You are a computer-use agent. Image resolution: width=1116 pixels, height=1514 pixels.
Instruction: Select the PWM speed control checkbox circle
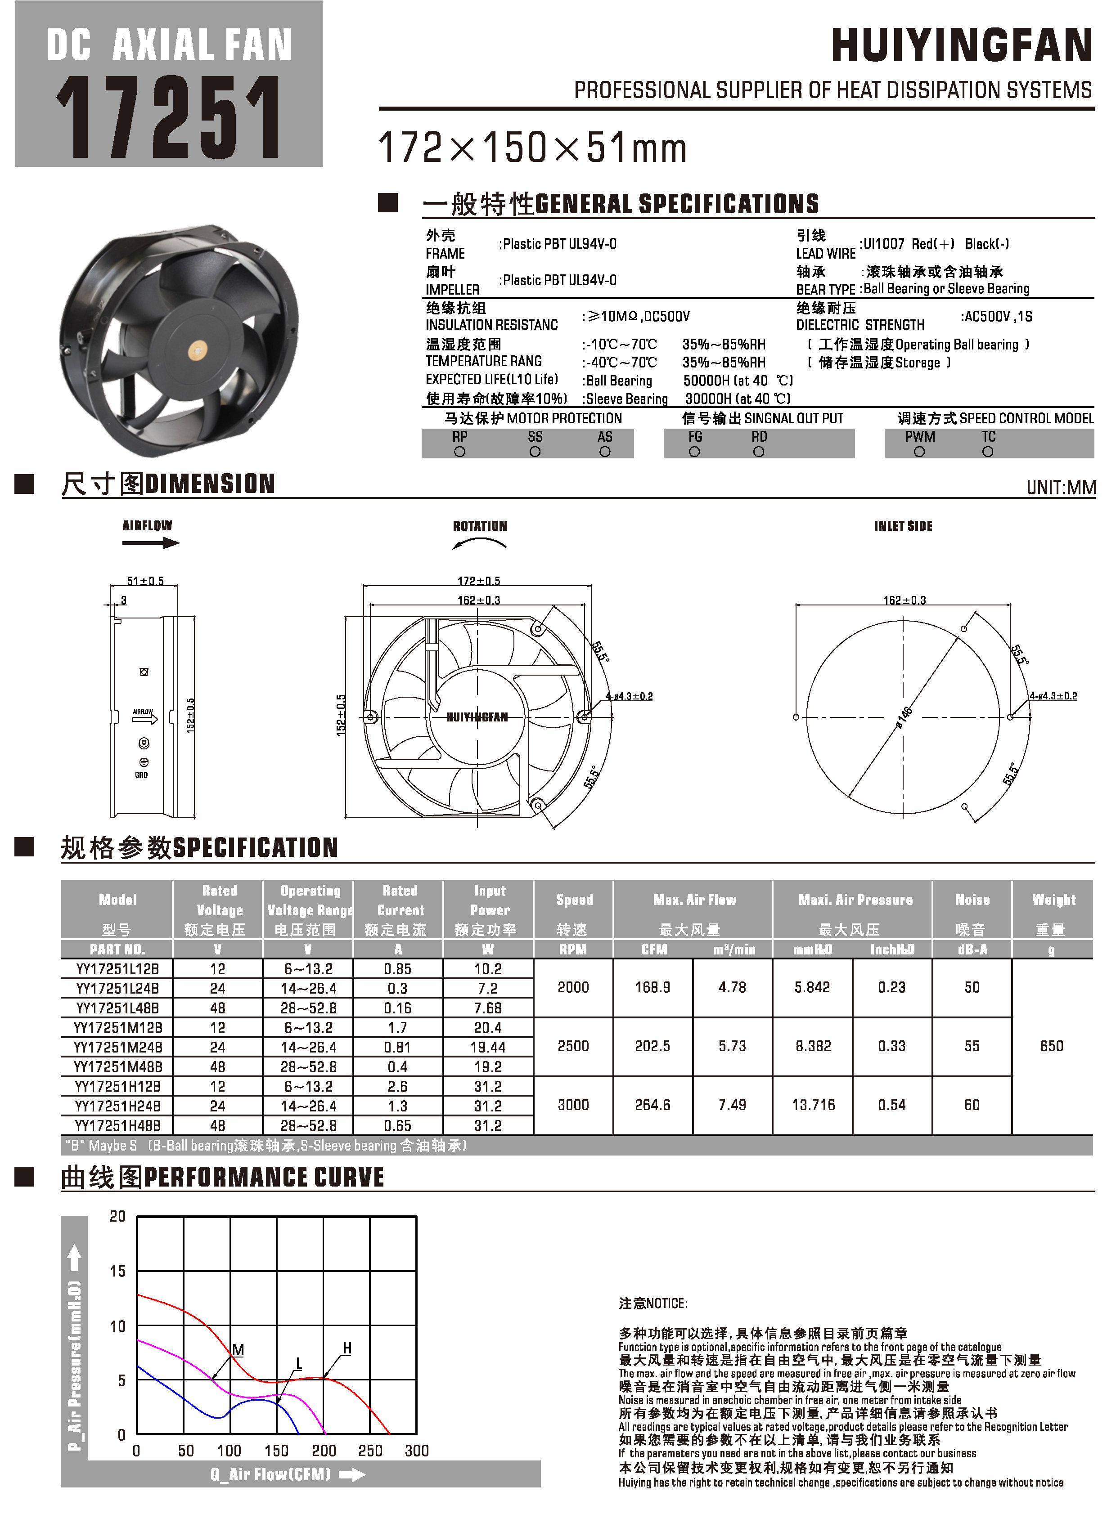pyautogui.click(x=919, y=452)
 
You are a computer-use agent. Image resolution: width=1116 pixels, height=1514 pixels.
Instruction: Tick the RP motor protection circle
pyautogui.click(x=459, y=452)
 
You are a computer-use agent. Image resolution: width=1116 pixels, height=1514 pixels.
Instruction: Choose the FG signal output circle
pyautogui.click(x=694, y=452)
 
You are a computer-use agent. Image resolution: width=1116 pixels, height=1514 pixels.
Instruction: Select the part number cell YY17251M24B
pyautogui.click(x=117, y=1047)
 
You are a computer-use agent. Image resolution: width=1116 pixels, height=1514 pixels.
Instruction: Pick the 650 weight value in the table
pyautogui.click(x=1051, y=1046)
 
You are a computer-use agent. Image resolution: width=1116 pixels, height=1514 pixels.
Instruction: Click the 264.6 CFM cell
pyautogui.click(x=652, y=1105)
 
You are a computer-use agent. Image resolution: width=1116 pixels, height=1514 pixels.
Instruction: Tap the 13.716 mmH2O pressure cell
pyautogui.click(x=813, y=1105)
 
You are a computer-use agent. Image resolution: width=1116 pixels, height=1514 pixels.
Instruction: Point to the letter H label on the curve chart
pyautogui.click(x=347, y=1348)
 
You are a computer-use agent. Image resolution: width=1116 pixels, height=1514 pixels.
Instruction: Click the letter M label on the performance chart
pyautogui.click(x=238, y=1350)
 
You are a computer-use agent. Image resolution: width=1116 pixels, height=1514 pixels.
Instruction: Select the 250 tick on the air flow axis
pyautogui.click(x=370, y=1451)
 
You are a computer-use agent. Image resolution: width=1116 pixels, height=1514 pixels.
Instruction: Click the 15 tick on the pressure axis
pyautogui.click(x=117, y=1272)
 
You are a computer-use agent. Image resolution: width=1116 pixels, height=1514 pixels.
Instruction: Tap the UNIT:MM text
pyautogui.click(x=1061, y=487)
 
